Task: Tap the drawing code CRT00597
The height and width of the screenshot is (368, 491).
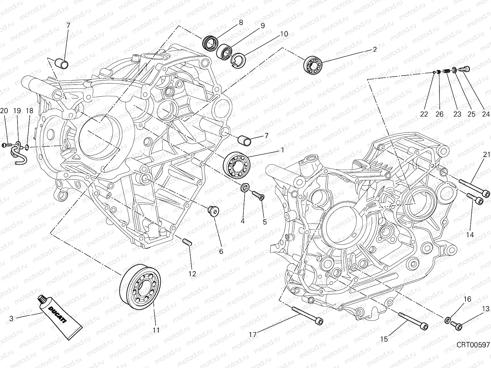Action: tap(473, 345)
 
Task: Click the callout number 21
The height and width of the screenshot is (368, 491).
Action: tap(486, 155)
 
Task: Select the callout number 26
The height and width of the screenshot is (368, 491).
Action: tap(439, 114)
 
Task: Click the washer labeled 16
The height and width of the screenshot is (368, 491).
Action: tap(448, 321)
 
